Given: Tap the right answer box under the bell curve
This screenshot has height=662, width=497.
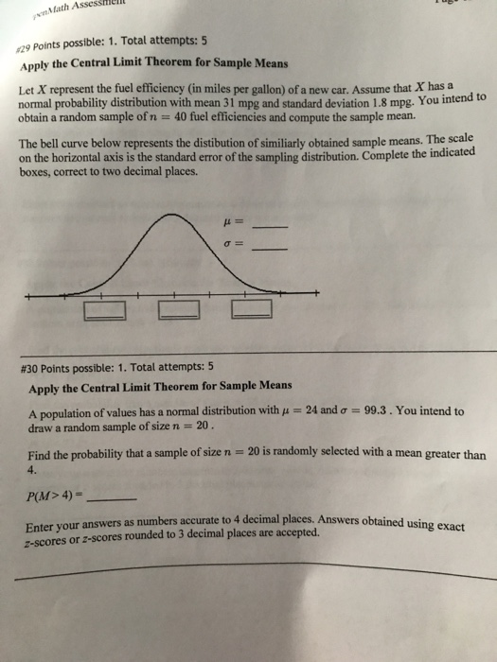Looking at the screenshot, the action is [251, 308].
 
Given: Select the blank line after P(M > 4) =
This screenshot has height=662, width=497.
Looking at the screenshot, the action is [118, 498].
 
